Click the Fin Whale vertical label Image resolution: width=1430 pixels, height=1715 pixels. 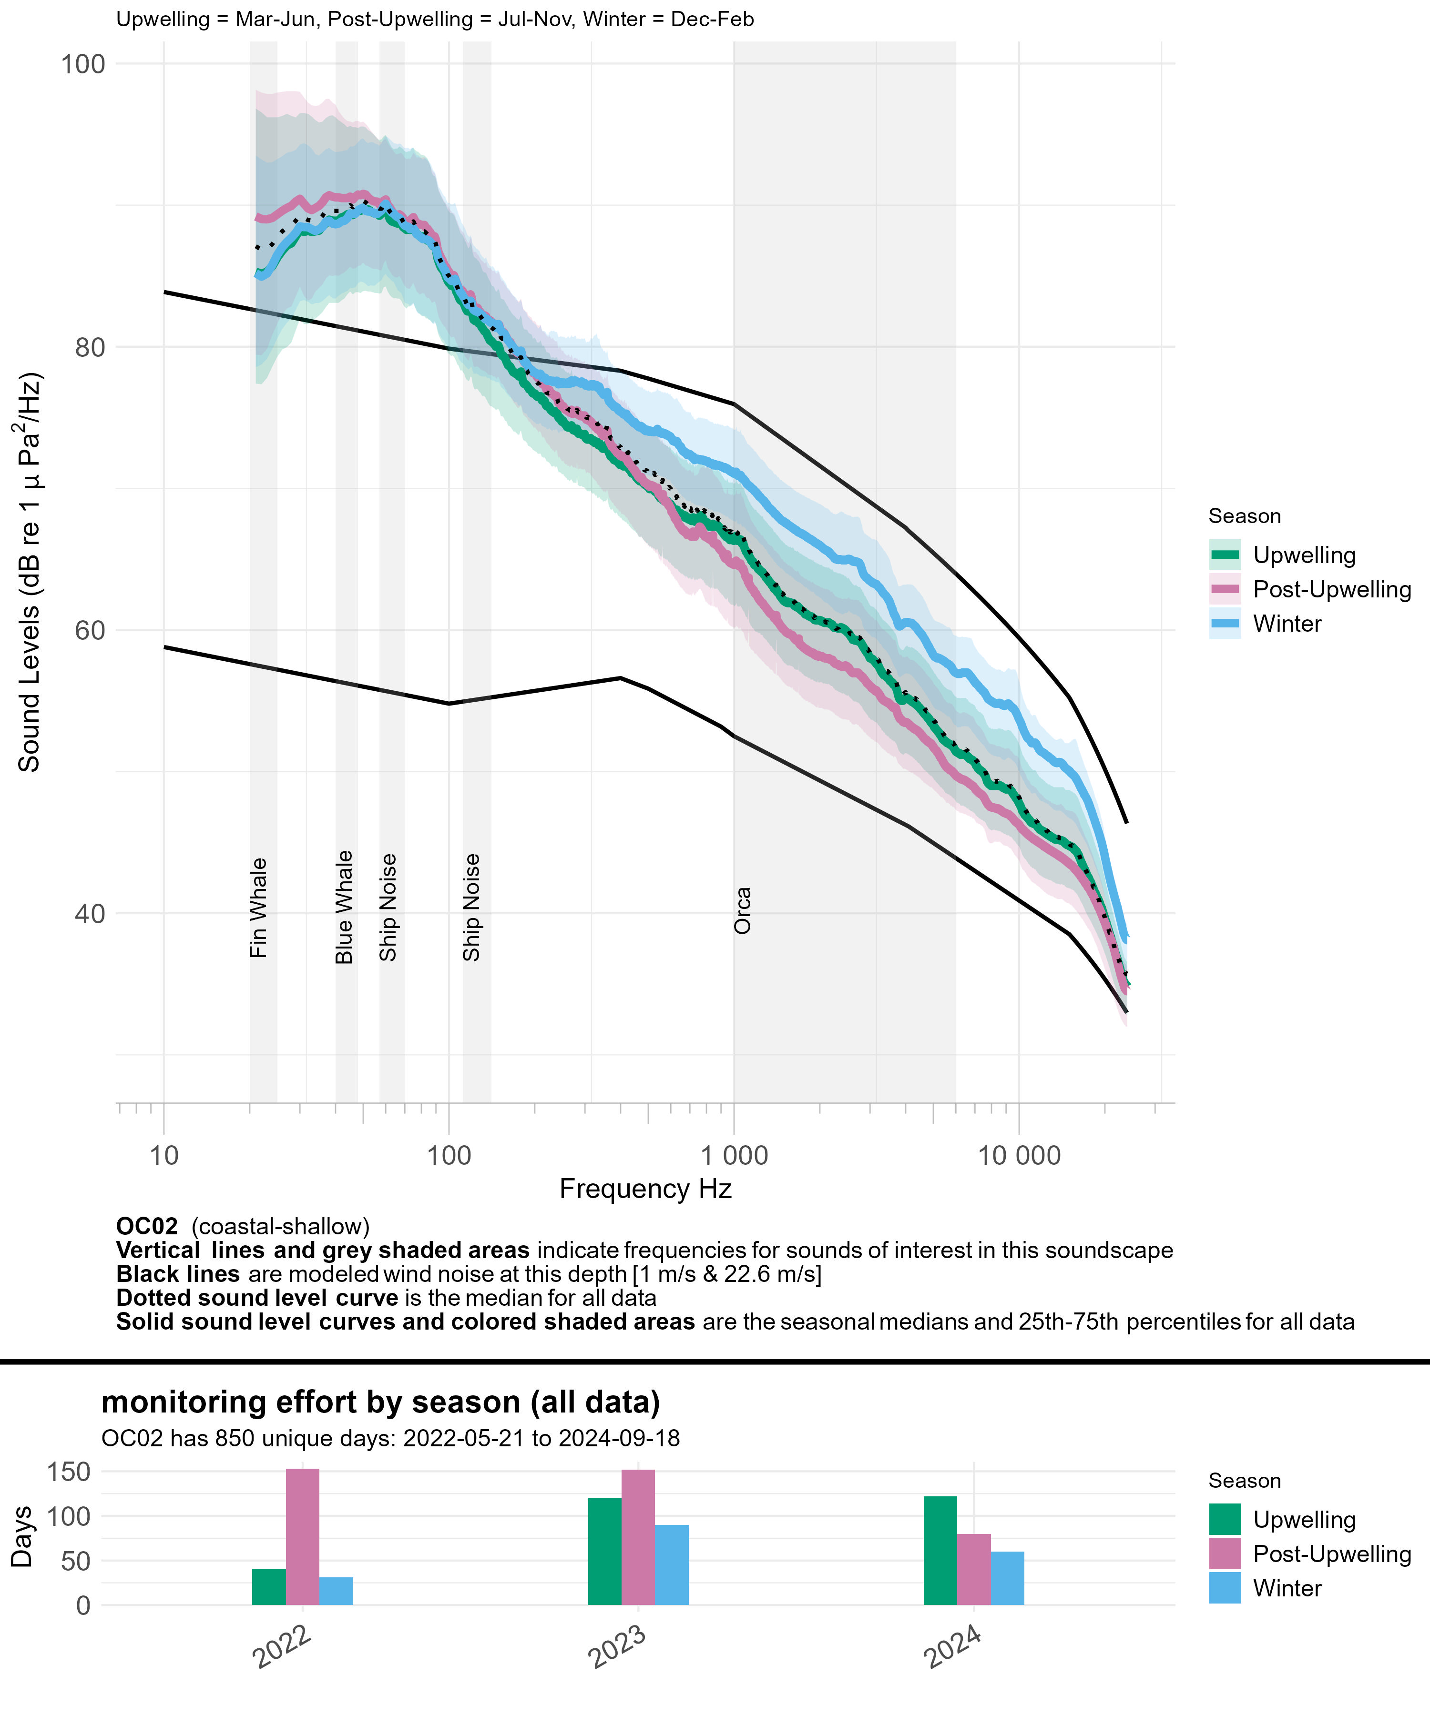click(x=258, y=908)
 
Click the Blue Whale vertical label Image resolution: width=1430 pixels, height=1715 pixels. click(x=344, y=907)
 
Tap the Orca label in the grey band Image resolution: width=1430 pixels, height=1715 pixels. click(x=742, y=910)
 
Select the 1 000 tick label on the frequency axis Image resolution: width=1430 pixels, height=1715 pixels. click(x=734, y=1156)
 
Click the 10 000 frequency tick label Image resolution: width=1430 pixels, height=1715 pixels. click(x=1019, y=1156)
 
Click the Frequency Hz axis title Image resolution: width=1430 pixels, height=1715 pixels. click(x=645, y=1189)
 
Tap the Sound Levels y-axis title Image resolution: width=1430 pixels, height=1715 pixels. click(x=30, y=572)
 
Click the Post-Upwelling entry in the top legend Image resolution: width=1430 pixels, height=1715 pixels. click(x=1331, y=590)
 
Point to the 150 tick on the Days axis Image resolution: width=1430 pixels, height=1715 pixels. click(x=70, y=1472)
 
